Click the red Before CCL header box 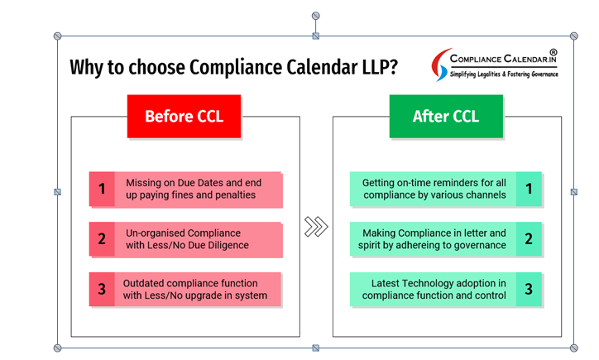tap(184, 116)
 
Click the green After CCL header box tap(446, 116)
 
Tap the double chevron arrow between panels tap(316, 227)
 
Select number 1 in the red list tap(102, 189)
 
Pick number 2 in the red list tap(102, 239)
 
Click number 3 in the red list tap(102, 289)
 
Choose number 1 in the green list tap(529, 189)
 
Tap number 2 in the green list tap(529, 239)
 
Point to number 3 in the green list tap(529, 289)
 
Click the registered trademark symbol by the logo tap(553, 52)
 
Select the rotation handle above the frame tap(315, 16)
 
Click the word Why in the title tap(87, 67)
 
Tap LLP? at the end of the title tap(380, 67)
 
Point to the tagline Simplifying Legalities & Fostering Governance tap(504, 74)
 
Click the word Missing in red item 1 tap(143, 183)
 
